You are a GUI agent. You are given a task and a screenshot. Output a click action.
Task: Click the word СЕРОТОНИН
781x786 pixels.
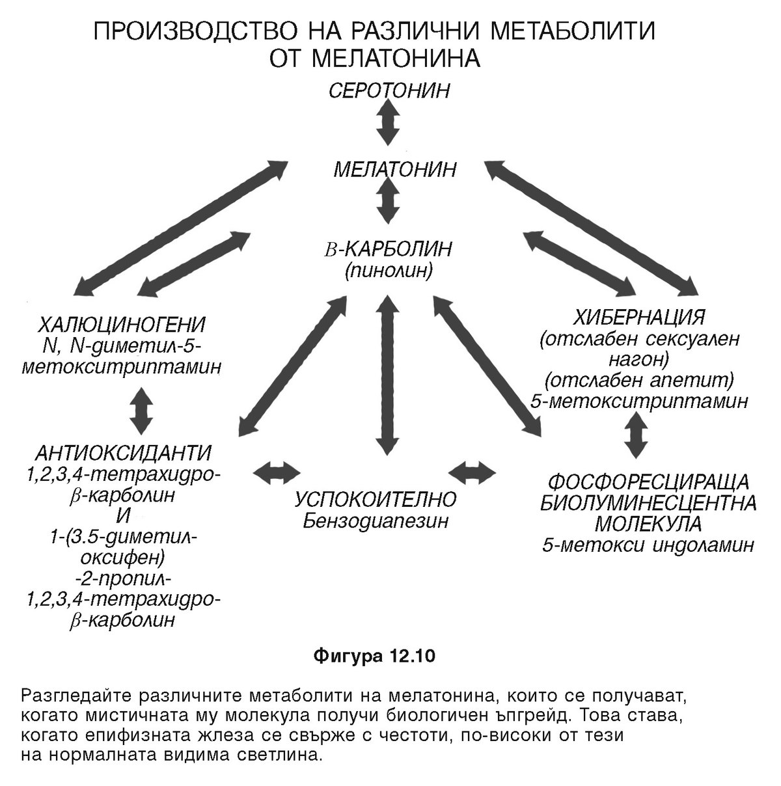(389, 90)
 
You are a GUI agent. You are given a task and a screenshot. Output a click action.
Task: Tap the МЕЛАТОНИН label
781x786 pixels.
(395, 170)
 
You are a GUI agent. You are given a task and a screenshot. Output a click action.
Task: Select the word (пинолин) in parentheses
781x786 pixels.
(389, 270)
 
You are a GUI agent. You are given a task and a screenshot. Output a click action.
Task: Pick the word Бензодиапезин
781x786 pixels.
(375, 521)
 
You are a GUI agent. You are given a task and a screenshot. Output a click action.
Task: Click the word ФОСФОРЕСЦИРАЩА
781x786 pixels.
(649, 483)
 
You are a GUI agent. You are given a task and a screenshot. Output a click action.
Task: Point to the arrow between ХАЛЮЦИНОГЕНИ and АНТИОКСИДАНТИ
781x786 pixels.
(141, 411)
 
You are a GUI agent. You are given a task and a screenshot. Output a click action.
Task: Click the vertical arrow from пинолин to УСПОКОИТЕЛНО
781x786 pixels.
(387, 375)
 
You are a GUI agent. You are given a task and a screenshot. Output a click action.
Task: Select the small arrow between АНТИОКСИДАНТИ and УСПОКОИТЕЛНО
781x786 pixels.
(277, 471)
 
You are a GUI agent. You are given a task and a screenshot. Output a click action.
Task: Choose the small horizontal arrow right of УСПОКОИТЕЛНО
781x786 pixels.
(473, 470)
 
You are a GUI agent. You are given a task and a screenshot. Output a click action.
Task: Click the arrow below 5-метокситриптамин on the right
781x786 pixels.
(636, 435)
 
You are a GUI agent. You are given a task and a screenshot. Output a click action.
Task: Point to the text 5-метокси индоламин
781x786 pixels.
(648, 545)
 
